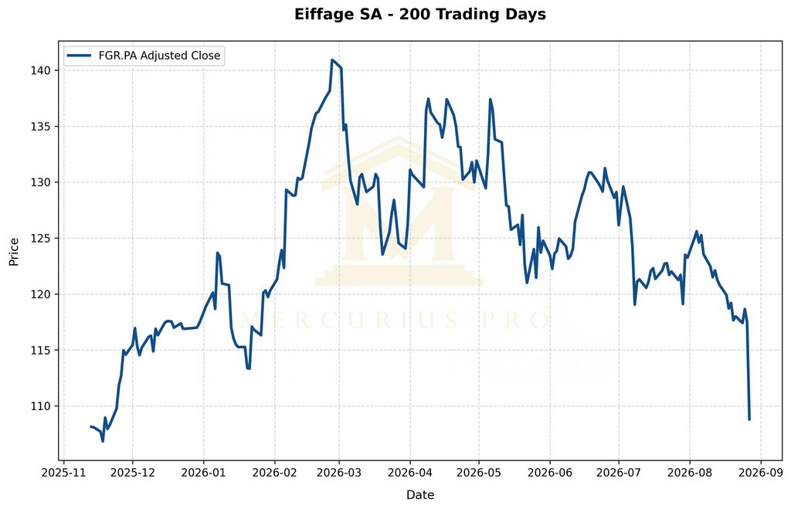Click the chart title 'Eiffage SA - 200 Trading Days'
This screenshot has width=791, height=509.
point(419,14)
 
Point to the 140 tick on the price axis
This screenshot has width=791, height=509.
point(42,70)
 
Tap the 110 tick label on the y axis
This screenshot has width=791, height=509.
point(42,406)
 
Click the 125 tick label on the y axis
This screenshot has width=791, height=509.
point(42,238)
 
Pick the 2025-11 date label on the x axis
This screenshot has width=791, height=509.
point(63,473)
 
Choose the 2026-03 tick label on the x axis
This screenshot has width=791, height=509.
point(339,473)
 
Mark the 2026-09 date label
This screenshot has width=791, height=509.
point(761,473)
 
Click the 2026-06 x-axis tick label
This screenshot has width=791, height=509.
point(549,473)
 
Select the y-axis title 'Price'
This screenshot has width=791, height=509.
point(14,252)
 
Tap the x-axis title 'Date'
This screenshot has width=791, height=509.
point(419,495)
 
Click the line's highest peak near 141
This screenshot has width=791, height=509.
point(332,60)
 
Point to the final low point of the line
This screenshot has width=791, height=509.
point(749,419)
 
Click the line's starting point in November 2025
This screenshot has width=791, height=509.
point(91,427)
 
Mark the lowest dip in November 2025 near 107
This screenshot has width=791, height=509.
point(103,441)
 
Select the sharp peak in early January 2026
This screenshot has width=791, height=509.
point(217,253)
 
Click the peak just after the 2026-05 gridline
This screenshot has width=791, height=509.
point(490,100)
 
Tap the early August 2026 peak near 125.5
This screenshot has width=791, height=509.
point(697,232)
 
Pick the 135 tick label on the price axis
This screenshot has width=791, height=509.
point(42,126)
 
